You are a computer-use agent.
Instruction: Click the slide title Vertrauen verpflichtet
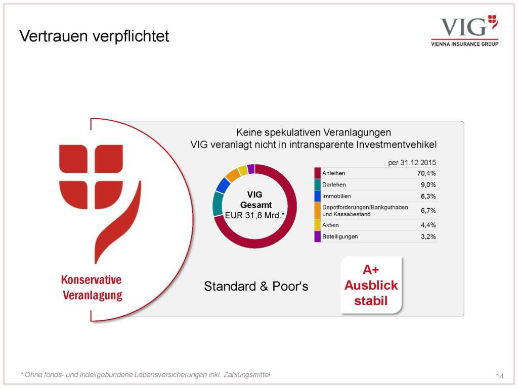(94, 36)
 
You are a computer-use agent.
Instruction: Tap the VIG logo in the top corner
(465, 31)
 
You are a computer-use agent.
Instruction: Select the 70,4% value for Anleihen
(426, 173)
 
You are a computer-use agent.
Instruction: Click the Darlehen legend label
(334, 185)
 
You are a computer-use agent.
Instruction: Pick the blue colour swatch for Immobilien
(318, 196)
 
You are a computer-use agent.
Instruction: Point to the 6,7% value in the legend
(428, 211)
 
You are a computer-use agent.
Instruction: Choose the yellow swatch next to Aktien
(318, 225)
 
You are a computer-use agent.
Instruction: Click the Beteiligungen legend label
(340, 236)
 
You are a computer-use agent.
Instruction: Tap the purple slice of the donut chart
(251, 169)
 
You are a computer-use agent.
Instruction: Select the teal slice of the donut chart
(218, 204)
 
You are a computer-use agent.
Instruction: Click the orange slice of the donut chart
(233, 175)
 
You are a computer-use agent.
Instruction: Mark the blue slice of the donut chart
(223, 185)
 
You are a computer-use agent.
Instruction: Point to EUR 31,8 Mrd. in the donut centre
(255, 215)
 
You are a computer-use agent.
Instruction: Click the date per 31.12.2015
(412, 163)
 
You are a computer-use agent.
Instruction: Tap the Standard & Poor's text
(256, 286)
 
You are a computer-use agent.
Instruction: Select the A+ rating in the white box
(371, 270)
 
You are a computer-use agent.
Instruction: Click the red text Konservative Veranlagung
(92, 287)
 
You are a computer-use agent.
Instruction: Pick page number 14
(499, 376)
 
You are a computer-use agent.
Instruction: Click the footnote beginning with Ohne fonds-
(145, 375)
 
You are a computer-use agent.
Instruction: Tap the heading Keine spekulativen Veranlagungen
(314, 133)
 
